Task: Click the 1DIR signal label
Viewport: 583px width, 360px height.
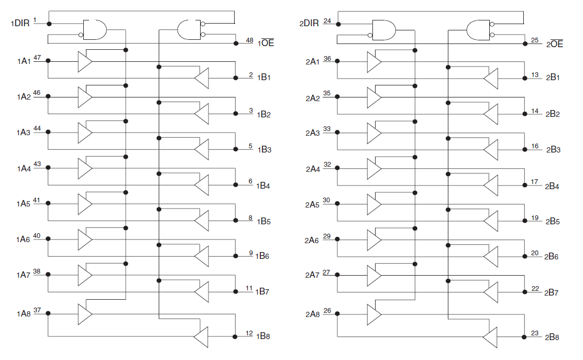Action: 20,24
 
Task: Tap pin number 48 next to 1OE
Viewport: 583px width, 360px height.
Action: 249,40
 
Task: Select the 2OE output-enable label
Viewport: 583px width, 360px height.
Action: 555,44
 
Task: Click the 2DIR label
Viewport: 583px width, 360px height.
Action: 309,24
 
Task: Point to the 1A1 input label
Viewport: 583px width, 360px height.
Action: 24,61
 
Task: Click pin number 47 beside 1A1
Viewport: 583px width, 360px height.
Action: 37,57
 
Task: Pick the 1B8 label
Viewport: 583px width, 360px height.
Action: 263,336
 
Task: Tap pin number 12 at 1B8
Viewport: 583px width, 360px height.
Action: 249,333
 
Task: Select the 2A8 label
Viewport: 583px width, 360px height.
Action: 312,314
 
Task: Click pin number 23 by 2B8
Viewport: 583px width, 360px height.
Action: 534,333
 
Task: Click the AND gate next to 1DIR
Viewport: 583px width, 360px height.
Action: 95,30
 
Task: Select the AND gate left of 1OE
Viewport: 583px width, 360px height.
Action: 189,30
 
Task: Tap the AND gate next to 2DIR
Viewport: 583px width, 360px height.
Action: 383,30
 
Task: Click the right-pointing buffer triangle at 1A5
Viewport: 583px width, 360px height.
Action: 84,204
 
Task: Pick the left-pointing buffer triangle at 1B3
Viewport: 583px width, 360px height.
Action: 202,149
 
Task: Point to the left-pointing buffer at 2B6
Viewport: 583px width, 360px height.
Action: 490,257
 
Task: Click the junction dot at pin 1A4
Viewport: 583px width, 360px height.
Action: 48,168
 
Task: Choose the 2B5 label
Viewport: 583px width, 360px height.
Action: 553,221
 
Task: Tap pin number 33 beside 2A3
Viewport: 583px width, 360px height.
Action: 327,128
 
